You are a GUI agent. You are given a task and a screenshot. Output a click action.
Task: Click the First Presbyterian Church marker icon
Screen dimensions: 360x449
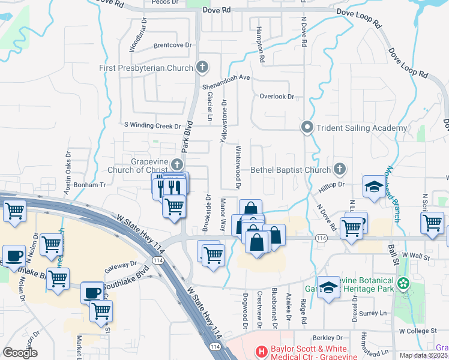(x=202, y=67)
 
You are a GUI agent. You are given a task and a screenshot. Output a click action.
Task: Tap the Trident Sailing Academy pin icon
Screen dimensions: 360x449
(x=307, y=127)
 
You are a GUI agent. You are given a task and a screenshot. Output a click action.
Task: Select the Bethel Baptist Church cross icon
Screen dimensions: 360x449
(x=340, y=169)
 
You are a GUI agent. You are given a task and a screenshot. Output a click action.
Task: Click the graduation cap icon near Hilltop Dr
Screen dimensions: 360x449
(x=374, y=187)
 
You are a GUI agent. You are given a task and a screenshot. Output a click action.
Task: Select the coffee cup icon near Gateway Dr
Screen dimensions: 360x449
(x=92, y=293)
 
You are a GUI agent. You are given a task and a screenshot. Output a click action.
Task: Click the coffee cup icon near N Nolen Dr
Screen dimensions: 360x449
(x=14, y=255)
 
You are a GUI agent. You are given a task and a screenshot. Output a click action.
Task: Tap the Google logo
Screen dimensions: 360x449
(x=20, y=352)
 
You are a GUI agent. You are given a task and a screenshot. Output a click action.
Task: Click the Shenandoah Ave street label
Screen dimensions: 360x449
(x=226, y=77)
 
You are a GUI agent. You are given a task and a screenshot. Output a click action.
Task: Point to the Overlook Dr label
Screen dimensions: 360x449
(x=277, y=96)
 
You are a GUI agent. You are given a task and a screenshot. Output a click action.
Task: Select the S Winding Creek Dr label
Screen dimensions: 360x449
(x=152, y=126)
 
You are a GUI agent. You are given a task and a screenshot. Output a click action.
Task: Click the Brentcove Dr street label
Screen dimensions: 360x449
(x=172, y=45)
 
